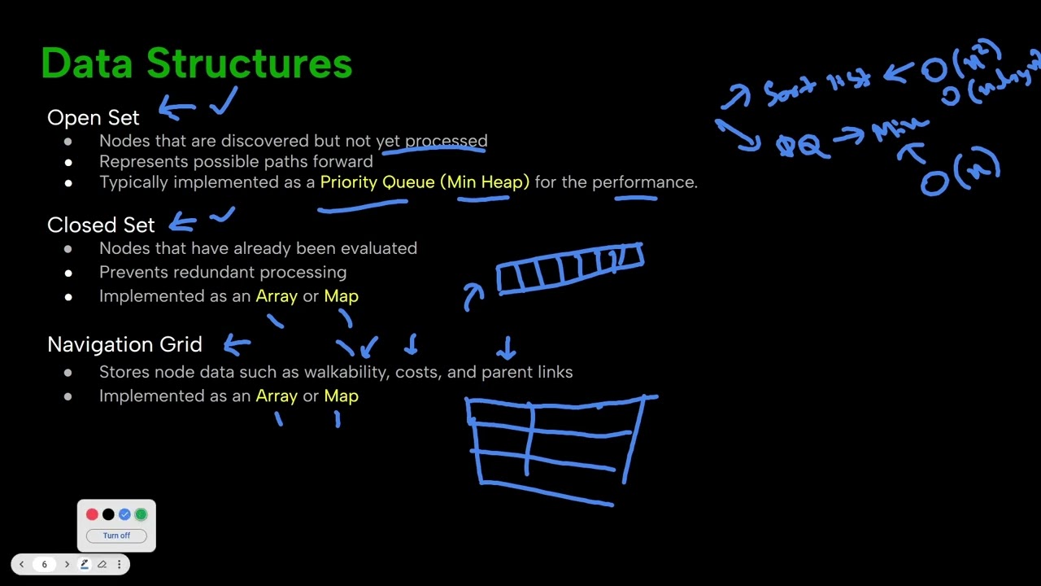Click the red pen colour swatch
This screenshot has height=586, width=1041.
(92, 514)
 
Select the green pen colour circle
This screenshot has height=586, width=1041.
(141, 514)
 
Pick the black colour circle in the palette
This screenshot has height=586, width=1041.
(108, 514)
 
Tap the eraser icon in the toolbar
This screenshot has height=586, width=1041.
(102, 564)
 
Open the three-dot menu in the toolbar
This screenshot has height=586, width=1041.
(119, 564)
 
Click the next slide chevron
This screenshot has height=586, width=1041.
(67, 564)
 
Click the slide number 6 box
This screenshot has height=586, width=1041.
(44, 564)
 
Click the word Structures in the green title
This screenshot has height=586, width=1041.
(249, 63)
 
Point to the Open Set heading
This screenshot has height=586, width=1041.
(93, 118)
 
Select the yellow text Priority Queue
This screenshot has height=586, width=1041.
(377, 182)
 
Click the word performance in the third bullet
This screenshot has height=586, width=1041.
(643, 182)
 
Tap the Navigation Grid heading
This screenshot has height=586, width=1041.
(124, 345)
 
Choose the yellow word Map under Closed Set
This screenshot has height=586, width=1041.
(341, 296)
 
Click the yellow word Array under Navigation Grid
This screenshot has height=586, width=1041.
(277, 396)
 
